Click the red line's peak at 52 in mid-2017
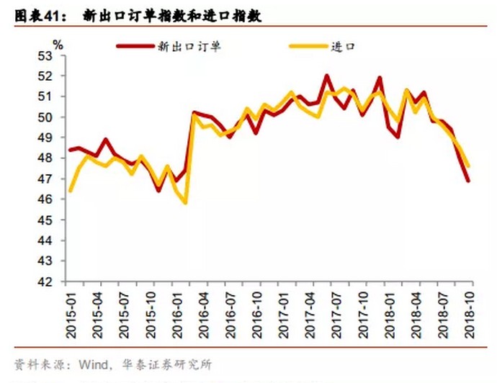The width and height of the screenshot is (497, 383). point(326,76)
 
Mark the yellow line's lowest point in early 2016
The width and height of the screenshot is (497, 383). point(186,202)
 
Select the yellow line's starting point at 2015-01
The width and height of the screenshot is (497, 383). point(70,191)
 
